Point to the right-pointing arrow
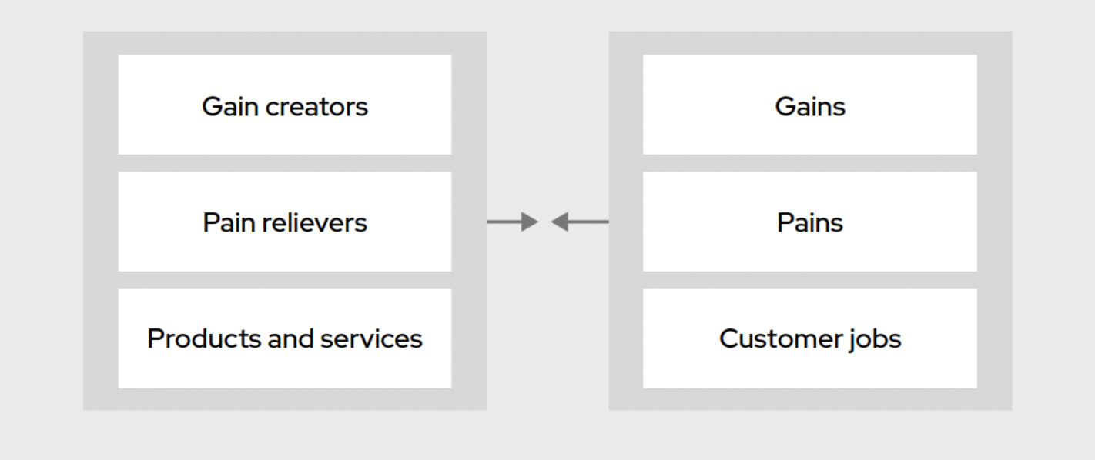pos(511,222)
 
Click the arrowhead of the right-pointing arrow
pos(530,222)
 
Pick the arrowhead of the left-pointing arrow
pos(561,222)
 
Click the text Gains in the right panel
pos(809,106)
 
